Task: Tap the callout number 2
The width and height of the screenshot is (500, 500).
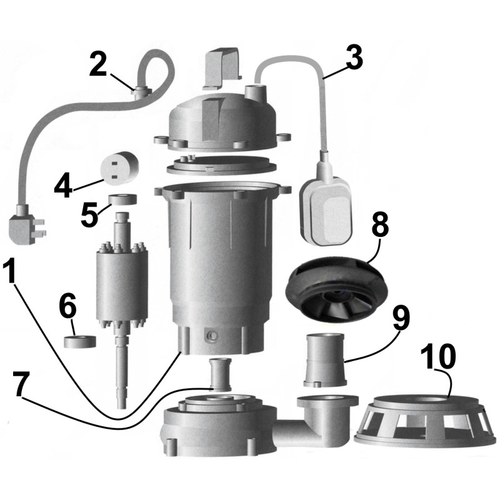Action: (x=99, y=65)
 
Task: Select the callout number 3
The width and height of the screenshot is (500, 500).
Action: (x=354, y=57)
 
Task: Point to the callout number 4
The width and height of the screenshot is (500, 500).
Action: (x=65, y=186)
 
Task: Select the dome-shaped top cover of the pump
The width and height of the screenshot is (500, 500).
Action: (x=222, y=119)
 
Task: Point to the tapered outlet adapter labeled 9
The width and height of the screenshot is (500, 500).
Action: (x=324, y=360)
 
